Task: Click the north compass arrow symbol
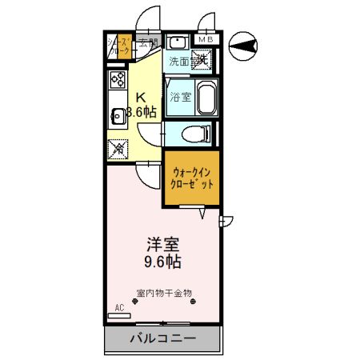click(x=243, y=46)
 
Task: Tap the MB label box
click(x=205, y=38)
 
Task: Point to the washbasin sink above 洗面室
click(x=178, y=43)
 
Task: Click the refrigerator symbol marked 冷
click(x=118, y=147)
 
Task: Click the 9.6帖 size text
click(x=162, y=262)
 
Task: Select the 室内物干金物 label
click(x=164, y=293)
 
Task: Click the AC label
click(x=119, y=308)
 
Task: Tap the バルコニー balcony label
click(x=163, y=339)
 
